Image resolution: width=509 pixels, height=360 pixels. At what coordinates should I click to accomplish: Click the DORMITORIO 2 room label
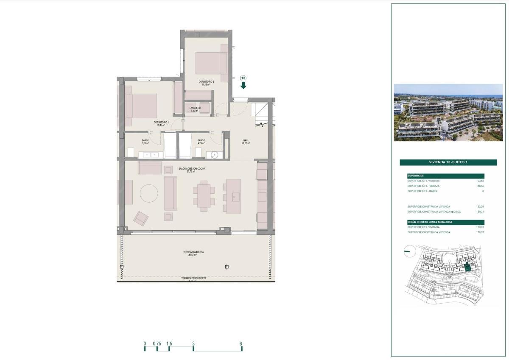click(207, 81)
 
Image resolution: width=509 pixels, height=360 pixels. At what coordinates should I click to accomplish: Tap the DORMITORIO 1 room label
click(161, 123)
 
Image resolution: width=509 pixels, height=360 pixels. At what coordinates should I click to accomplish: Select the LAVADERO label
click(195, 108)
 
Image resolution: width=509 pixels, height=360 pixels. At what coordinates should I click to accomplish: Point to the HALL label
click(246, 140)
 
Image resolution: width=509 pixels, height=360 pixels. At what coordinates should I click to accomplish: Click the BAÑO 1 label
click(145, 140)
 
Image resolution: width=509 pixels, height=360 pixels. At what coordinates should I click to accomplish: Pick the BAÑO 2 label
click(201, 140)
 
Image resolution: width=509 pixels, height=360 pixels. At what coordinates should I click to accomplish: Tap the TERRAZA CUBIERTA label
click(193, 252)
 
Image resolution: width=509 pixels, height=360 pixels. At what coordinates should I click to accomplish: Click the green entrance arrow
click(243, 85)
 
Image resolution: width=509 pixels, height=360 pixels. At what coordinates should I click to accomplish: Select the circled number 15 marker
click(243, 78)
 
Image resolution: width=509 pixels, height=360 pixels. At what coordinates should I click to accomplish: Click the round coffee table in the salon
click(150, 193)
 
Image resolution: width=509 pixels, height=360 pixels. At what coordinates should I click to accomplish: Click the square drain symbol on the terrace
click(227, 267)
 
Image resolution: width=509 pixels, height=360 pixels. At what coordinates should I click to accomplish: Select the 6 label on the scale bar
click(241, 343)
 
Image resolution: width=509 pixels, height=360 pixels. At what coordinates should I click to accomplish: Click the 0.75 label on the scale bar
click(157, 343)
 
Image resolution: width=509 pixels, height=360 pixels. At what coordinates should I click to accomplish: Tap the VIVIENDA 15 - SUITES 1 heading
click(448, 162)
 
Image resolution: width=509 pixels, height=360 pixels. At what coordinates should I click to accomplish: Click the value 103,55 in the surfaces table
click(480, 181)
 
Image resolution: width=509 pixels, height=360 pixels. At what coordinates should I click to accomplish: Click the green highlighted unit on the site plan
click(467, 267)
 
